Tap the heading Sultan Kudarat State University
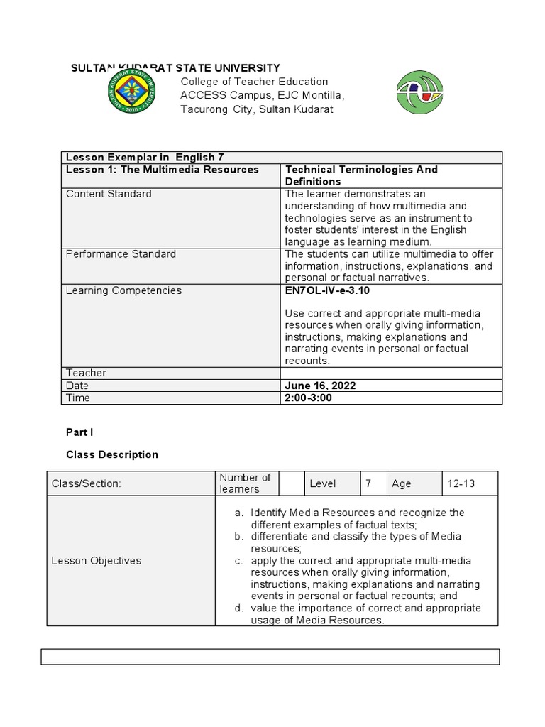click(x=175, y=68)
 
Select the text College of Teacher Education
click(x=254, y=82)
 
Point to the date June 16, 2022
click(x=320, y=386)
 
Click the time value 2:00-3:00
click(x=308, y=398)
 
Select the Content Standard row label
click(x=109, y=194)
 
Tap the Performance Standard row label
click(x=121, y=254)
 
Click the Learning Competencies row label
click(x=123, y=290)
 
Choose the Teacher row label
click(x=86, y=373)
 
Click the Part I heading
click(x=79, y=432)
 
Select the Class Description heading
click(x=112, y=454)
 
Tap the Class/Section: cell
click(x=87, y=483)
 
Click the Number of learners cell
click(x=245, y=483)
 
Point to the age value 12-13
click(x=461, y=483)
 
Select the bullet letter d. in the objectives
click(x=239, y=608)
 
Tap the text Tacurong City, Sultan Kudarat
click(x=256, y=109)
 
